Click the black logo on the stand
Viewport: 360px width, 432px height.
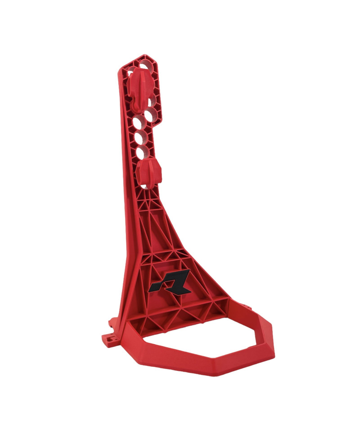point(171,280)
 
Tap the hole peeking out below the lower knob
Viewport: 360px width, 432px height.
point(144,185)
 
